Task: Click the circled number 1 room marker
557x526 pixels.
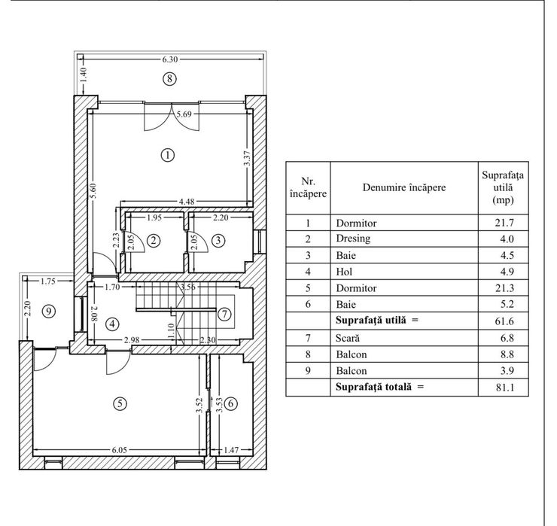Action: click(168, 155)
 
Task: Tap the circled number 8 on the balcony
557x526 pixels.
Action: click(169, 78)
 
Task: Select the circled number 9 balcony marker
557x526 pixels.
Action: click(49, 312)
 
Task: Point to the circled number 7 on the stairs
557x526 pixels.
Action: click(224, 314)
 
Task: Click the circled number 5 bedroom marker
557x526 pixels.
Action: click(120, 403)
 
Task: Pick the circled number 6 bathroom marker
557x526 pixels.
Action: click(231, 403)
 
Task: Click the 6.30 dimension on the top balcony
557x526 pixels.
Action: click(170, 59)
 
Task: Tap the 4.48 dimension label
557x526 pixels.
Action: click(187, 202)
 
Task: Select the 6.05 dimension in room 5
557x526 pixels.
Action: click(120, 450)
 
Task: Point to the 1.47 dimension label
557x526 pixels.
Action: click(231, 450)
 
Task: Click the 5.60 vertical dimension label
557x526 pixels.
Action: click(93, 191)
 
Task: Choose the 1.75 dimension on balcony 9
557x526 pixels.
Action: click(48, 281)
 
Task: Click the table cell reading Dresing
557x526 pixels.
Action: click(353, 239)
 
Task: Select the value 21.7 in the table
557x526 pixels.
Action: click(504, 223)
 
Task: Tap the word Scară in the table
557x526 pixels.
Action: click(348, 338)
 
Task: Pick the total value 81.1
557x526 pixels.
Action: click(505, 387)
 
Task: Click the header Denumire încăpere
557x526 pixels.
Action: click(404, 187)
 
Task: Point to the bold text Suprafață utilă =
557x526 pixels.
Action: click(377, 320)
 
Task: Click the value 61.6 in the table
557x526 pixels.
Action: click(504, 321)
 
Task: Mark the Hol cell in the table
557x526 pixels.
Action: click(344, 272)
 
